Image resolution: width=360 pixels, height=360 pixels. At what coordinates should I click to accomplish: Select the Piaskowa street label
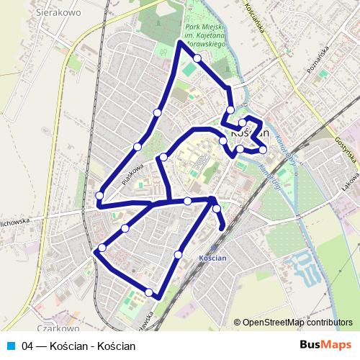pyautogui.click(x=132, y=174)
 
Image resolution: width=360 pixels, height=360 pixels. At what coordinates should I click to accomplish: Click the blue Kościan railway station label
pyautogui.click(x=212, y=257)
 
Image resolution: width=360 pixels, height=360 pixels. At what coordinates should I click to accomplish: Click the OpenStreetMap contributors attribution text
pyautogui.click(x=297, y=323)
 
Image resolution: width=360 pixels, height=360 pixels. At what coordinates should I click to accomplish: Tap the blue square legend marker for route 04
pyautogui.click(x=11, y=346)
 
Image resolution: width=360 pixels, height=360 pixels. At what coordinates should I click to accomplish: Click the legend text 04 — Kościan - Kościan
pyautogui.click(x=78, y=346)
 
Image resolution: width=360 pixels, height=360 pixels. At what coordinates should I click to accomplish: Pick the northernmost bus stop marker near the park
pyautogui.click(x=197, y=58)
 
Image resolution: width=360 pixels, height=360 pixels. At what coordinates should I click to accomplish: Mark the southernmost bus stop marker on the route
pyautogui.click(x=149, y=292)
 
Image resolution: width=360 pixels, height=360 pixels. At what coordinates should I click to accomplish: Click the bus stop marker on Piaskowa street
pyautogui.click(x=138, y=147)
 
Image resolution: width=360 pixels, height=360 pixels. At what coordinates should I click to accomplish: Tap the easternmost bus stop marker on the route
pyautogui.click(x=263, y=149)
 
